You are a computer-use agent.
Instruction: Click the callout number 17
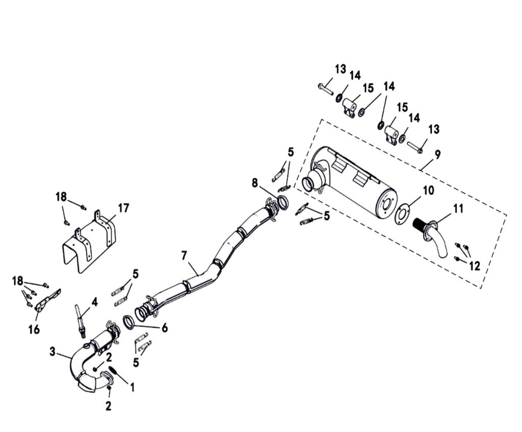pyautogui.click(x=123, y=209)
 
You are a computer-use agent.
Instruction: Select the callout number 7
pyautogui.click(x=185, y=256)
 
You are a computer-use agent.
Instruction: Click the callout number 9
pyautogui.click(x=437, y=155)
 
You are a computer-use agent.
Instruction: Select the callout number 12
pyautogui.click(x=475, y=266)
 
